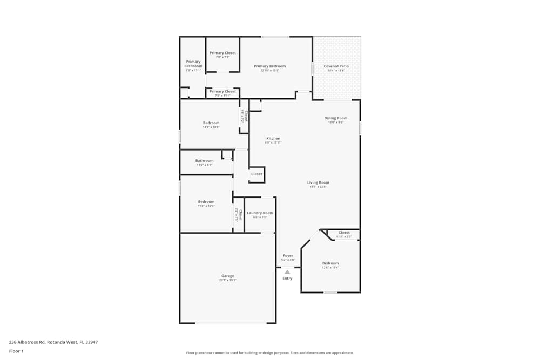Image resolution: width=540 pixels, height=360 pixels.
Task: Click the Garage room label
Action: click(227, 276)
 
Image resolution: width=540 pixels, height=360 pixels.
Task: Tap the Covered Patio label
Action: click(336, 66)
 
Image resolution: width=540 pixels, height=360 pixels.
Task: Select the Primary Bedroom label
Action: click(270, 66)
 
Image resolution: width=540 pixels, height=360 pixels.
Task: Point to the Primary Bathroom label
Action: click(193, 64)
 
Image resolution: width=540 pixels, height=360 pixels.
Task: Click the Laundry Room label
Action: click(260, 213)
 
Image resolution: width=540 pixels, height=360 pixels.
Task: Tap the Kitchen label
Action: click(273, 139)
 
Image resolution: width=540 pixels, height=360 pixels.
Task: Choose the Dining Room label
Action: click(335, 118)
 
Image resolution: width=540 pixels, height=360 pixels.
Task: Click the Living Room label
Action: click(319, 183)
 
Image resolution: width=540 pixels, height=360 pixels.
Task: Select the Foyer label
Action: click(288, 256)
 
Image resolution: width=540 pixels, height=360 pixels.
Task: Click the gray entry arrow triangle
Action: click(287, 272)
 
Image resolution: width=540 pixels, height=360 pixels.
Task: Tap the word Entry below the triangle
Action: click(287, 279)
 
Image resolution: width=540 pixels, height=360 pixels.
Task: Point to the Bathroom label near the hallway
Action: click(204, 161)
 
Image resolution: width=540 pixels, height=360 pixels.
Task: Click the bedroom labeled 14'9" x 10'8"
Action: click(211, 123)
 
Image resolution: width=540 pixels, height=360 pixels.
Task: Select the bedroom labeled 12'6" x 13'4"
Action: click(330, 263)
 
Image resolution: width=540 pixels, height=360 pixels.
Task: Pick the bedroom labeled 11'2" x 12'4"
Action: click(206, 202)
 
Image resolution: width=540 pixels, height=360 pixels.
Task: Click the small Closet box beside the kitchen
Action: click(256, 174)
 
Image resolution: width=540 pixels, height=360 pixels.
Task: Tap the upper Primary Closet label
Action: click(222, 53)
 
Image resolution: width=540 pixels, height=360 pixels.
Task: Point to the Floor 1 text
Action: click(16, 351)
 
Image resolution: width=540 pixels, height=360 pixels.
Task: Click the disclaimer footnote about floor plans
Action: click(270, 352)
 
